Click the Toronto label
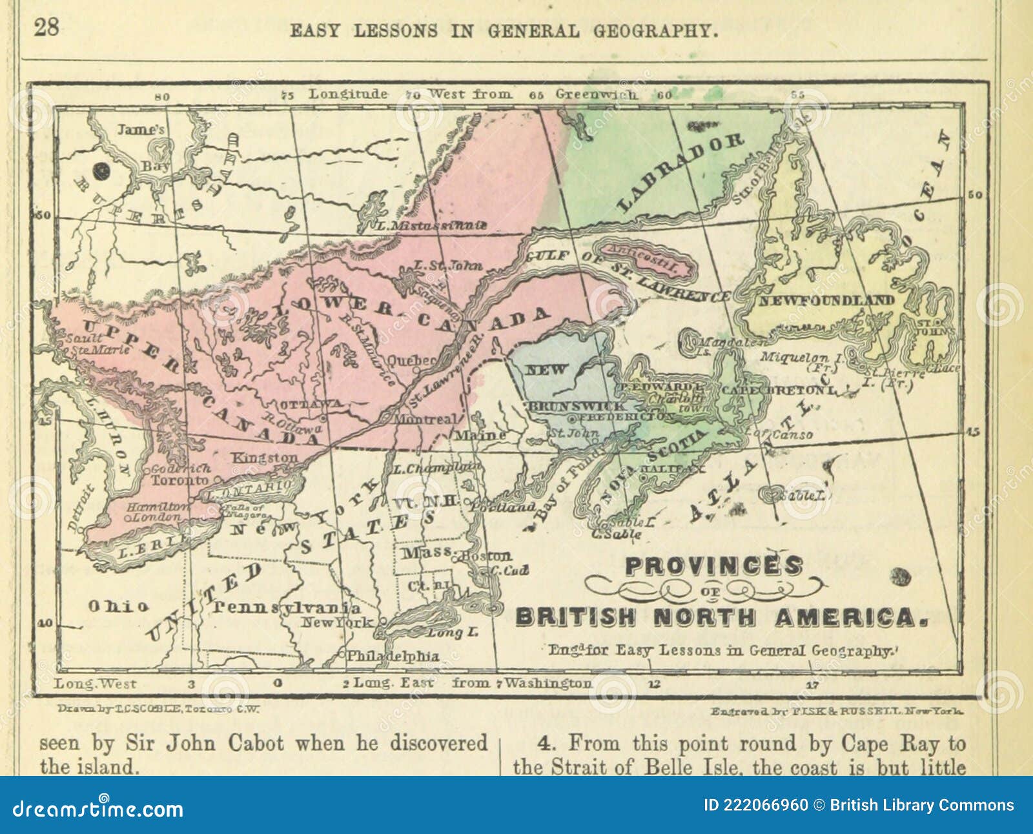(180, 480)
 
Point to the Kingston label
(265, 458)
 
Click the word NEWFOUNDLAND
(826, 301)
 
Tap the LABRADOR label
(681, 173)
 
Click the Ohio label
(118, 606)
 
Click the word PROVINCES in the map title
(713, 565)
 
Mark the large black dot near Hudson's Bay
(101, 171)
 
